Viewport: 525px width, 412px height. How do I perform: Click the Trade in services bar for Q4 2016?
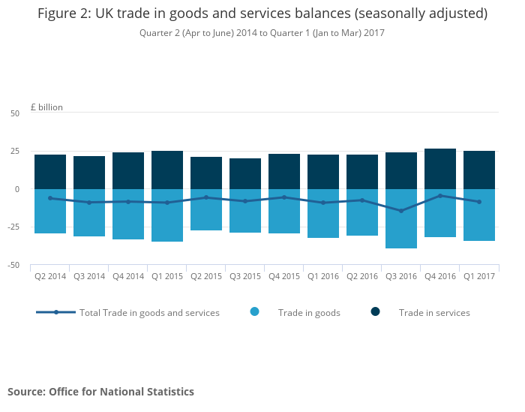click(x=439, y=169)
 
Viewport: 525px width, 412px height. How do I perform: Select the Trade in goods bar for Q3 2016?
click(x=400, y=218)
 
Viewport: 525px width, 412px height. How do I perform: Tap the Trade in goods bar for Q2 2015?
click(x=205, y=209)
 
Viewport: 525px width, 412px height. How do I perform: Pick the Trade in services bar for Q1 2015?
click(x=166, y=170)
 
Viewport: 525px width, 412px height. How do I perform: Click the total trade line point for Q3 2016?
click(x=400, y=211)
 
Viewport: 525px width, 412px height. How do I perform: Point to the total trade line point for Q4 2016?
click(x=439, y=196)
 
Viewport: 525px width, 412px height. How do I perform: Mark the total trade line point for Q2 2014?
click(x=49, y=198)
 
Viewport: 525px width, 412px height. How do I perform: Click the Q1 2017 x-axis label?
click(x=478, y=276)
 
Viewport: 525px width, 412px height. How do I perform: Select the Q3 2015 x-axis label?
click(x=244, y=276)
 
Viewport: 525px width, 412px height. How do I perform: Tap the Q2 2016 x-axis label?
click(x=361, y=276)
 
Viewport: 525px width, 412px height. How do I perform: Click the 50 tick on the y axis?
click(x=15, y=113)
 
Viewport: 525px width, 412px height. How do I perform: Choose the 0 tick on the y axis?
click(x=16, y=189)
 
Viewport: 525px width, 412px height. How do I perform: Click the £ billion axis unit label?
click(x=46, y=107)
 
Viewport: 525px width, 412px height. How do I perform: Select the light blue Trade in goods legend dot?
click(x=255, y=312)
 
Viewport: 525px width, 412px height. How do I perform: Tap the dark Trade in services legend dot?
click(x=375, y=312)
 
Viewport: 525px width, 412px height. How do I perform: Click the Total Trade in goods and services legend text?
click(x=149, y=313)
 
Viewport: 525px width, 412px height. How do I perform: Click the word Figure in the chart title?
click(x=61, y=14)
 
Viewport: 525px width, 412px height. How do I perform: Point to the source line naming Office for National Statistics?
click(x=100, y=392)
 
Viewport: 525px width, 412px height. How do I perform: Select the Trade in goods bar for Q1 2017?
click(x=478, y=215)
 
